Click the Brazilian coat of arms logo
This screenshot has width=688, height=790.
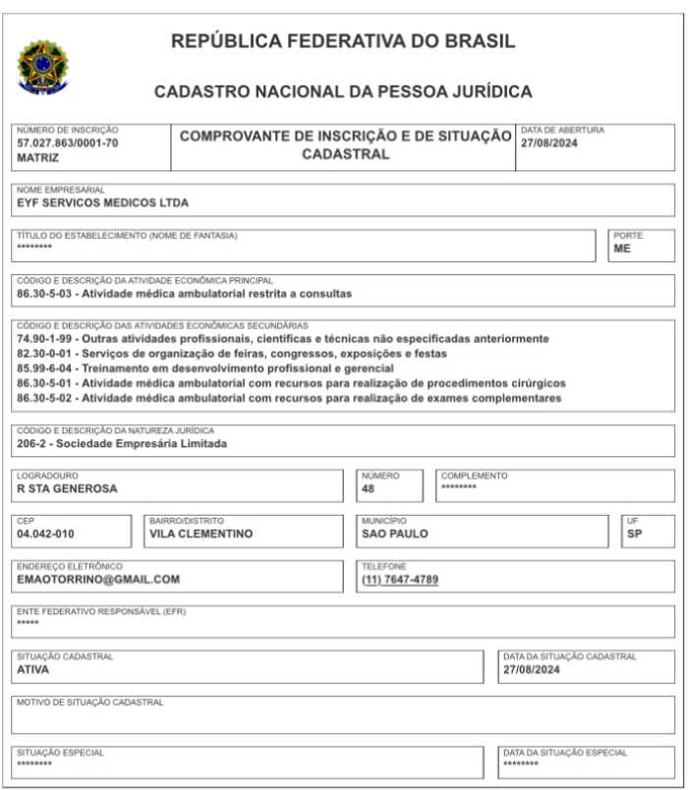(42, 67)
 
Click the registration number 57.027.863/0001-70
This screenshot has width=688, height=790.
(67, 142)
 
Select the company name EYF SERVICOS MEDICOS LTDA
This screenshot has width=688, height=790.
(102, 203)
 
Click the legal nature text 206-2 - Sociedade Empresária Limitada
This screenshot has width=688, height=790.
(122, 443)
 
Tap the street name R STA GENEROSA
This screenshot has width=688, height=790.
(67, 488)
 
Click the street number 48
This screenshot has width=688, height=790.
(369, 488)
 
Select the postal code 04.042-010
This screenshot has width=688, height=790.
(45, 534)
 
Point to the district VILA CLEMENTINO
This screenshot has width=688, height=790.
(201, 534)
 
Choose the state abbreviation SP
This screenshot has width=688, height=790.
(634, 534)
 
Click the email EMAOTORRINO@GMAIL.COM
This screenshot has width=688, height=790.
(98, 580)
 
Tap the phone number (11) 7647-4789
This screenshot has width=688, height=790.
(400, 580)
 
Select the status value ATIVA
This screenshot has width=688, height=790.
(32, 670)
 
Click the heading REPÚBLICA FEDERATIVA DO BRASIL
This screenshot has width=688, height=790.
(343, 41)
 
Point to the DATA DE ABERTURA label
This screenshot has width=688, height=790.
(562, 130)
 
